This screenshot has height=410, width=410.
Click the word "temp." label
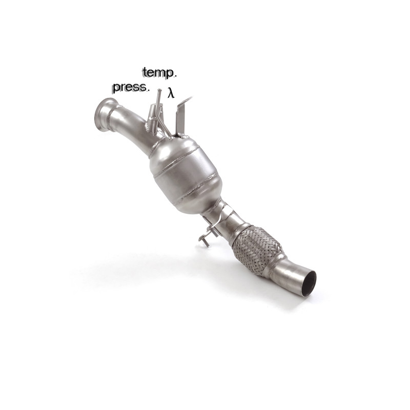click(159, 72)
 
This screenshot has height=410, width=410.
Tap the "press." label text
click(130, 87)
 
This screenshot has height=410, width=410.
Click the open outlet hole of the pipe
click(309, 283)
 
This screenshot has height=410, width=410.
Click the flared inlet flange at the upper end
click(102, 115)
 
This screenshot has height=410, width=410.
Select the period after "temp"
click(176, 76)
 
